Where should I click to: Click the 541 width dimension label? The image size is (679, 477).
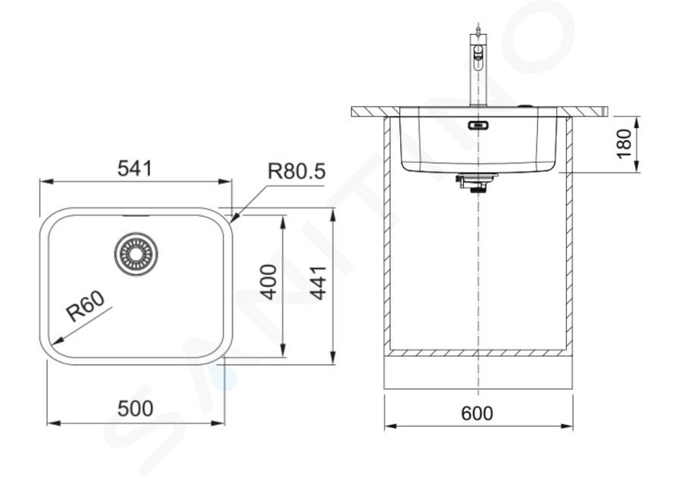pyautogui.click(x=135, y=168)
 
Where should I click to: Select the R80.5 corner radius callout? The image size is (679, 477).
pyautogui.click(x=296, y=171)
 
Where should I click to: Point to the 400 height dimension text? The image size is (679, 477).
pyautogui.click(x=269, y=282)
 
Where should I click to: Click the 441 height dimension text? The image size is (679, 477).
pyautogui.click(x=319, y=282)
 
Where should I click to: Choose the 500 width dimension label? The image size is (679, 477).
pyautogui.click(x=136, y=409)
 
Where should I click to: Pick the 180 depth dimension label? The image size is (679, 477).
pyautogui.click(x=624, y=144)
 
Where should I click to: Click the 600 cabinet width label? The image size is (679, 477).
pyautogui.click(x=477, y=413)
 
